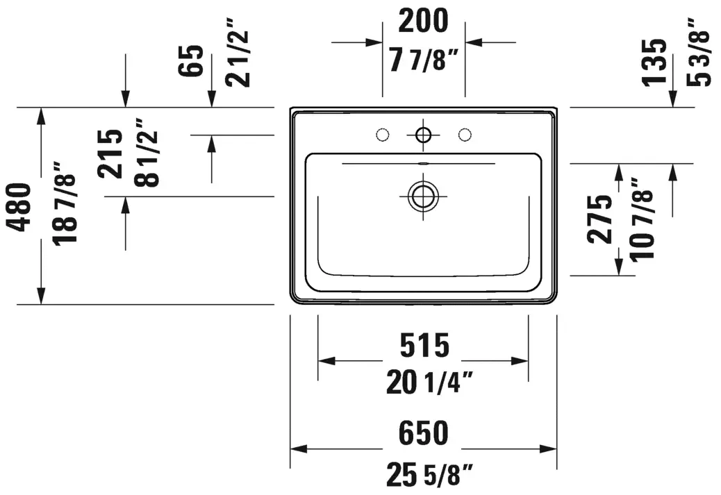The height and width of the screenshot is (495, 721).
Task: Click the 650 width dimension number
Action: [x=423, y=433]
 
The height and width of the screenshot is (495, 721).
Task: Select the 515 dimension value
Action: [x=424, y=345]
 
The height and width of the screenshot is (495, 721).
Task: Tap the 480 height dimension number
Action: [x=21, y=207]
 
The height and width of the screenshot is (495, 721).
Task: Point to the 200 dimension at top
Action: [x=423, y=21]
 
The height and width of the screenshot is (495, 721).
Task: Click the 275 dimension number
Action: [x=599, y=219]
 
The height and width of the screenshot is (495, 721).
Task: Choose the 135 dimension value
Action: [x=654, y=62]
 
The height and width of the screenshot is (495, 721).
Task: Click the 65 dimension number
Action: [x=190, y=60]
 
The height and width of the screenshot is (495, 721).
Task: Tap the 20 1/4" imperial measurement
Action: [x=429, y=383]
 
